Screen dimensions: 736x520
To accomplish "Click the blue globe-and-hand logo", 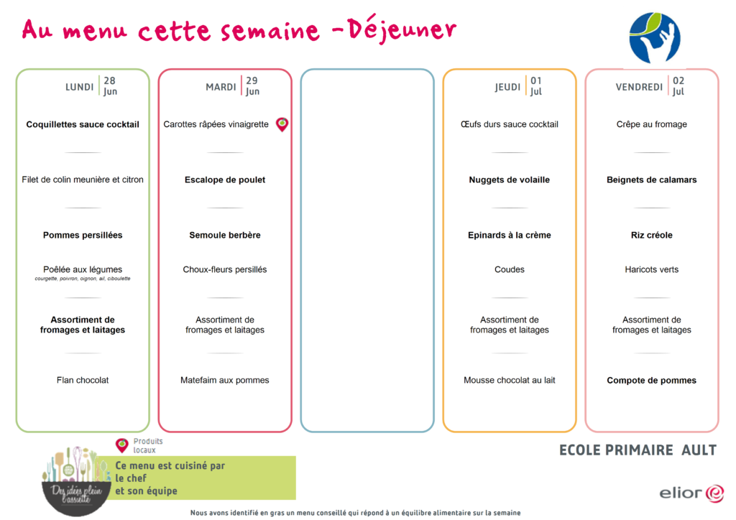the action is click(x=654, y=38).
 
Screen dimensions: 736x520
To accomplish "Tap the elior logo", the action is click(x=692, y=493).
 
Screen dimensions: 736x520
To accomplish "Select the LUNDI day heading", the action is click(x=79, y=87).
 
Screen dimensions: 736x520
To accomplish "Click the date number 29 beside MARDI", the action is click(x=252, y=80).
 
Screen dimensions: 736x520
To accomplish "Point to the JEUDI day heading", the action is click(x=507, y=87).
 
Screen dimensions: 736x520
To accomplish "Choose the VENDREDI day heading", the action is click(x=639, y=87).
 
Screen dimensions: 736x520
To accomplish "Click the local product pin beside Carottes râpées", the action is click(x=282, y=124).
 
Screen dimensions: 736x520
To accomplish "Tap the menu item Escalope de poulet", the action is click(x=225, y=180).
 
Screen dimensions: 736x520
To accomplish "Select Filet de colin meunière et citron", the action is click(x=83, y=180).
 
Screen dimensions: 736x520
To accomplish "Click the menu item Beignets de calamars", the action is click(x=651, y=180).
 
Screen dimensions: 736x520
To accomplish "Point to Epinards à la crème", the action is click(x=510, y=235).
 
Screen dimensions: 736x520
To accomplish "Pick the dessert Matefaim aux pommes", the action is click(x=225, y=380).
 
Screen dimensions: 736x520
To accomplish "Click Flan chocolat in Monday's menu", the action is click(x=83, y=380).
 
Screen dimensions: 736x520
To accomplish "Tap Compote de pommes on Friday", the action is click(x=651, y=380).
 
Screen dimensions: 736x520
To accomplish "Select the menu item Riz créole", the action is click(x=651, y=235).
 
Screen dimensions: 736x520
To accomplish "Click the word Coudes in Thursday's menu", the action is click(x=510, y=269).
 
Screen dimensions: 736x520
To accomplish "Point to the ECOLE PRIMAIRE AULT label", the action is click(x=638, y=450).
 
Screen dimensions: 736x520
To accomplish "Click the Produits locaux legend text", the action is click(x=148, y=445).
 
